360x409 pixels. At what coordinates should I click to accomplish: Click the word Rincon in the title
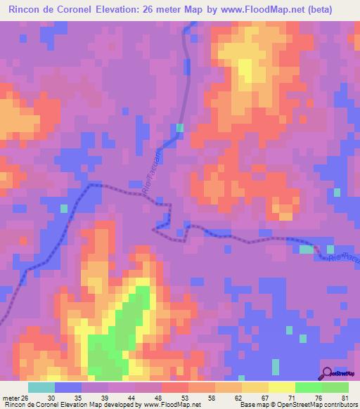click(30, 10)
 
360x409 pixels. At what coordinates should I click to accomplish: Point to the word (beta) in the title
click(333, 10)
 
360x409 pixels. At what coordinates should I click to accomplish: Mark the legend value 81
click(345, 397)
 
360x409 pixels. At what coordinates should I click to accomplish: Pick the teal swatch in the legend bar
click(41, 387)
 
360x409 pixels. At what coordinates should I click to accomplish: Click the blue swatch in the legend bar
click(68, 387)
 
